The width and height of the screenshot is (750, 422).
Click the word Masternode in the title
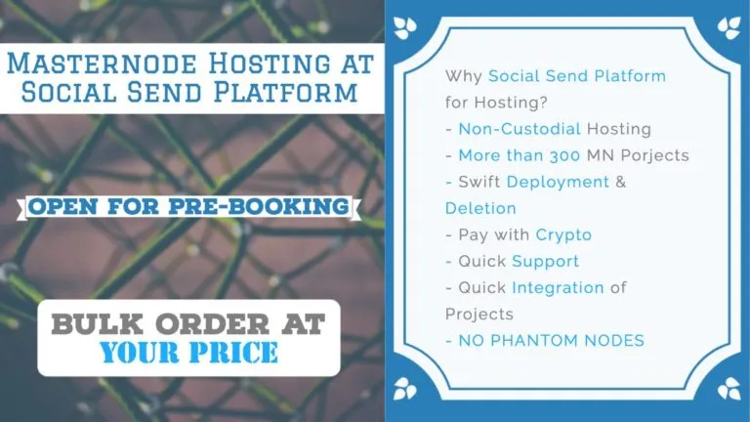click(102, 63)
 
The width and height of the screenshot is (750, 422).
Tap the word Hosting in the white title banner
click(270, 63)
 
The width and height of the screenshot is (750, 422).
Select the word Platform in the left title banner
click(285, 92)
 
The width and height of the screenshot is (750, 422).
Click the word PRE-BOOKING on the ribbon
click(259, 206)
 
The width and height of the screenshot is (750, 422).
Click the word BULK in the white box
click(97, 324)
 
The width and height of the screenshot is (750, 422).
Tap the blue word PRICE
click(233, 353)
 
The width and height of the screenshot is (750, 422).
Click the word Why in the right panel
click(463, 76)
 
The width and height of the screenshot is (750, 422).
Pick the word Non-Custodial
click(520, 129)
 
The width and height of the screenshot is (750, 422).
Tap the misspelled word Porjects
click(655, 156)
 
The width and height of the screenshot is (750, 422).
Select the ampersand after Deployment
click(621, 182)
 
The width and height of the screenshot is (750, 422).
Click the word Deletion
click(480, 208)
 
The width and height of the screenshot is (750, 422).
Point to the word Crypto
click(563, 235)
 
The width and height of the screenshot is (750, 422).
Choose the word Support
click(545, 262)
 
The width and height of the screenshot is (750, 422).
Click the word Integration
click(559, 288)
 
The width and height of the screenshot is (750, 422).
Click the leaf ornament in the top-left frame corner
click(404, 27)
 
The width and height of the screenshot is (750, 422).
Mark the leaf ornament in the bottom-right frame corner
click(729, 388)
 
